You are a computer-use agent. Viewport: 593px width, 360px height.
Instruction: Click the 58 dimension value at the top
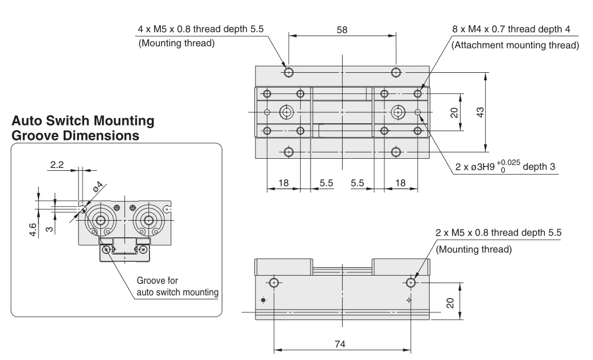342,30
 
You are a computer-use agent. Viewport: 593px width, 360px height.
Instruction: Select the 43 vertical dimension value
480,112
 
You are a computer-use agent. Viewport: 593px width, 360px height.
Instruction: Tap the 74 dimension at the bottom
340,344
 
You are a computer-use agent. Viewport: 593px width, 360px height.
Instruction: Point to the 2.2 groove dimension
57,165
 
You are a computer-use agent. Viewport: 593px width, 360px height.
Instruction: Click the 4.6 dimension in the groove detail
33,230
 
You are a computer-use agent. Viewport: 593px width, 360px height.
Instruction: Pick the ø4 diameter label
97,187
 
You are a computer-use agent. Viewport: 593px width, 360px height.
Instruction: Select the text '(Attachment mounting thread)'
515,45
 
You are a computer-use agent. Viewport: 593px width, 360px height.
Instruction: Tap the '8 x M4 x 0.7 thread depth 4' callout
511,29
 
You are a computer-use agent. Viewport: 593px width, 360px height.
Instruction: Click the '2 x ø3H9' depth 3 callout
505,167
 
